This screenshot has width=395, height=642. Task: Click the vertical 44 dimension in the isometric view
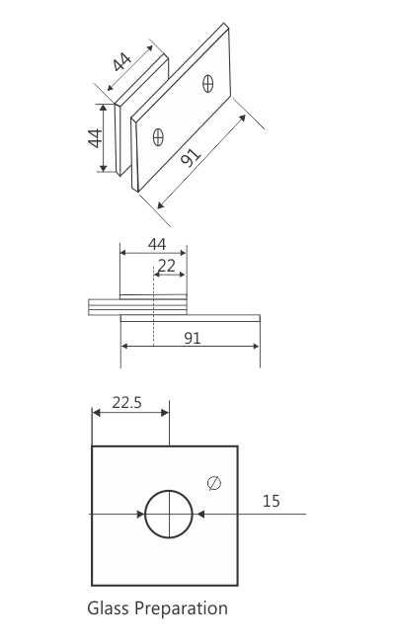click(x=96, y=137)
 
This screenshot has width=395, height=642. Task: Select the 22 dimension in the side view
click(x=167, y=265)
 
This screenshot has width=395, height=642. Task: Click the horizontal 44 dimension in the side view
click(x=156, y=243)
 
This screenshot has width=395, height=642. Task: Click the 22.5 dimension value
click(x=126, y=402)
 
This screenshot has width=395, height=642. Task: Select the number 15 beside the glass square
click(x=271, y=501)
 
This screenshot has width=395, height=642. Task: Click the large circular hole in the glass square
click(x=169, y=514)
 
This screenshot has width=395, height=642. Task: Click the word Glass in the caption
click(x=109, y=607)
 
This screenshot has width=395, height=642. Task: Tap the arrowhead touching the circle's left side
click(x=139, y=514)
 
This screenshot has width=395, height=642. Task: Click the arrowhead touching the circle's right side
click(x=199, y=514)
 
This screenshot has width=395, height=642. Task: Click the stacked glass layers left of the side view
click(x=104, y=307)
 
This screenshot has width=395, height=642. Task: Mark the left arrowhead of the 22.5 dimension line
click(x=97, y=414)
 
